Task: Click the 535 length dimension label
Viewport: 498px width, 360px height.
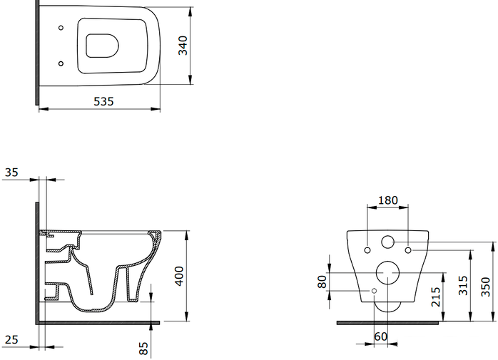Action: pyautogui.click(x=103, y=101)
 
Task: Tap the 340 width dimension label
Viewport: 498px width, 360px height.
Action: pyautogui.click(x=183, y=46)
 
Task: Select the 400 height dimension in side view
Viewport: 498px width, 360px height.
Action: pyautogui.click(x=180, y=276)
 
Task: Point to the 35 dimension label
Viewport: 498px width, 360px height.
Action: pyautogui.click(x=11, y=173)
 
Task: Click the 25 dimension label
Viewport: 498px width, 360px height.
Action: pyautogui.click(x=11, y=339)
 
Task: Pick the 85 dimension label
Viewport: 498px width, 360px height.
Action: pyautogui.click(x=143, y=349)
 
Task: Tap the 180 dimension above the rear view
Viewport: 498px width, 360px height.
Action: pyautogui.click(x=388, y=200)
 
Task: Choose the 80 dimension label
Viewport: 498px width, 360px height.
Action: pyautogui.click(x=322, y=282)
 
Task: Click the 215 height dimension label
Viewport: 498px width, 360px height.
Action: pyautogui.click(x=436, y=297)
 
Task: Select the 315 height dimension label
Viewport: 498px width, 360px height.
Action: pyautogui.click(x=463, y=285)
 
